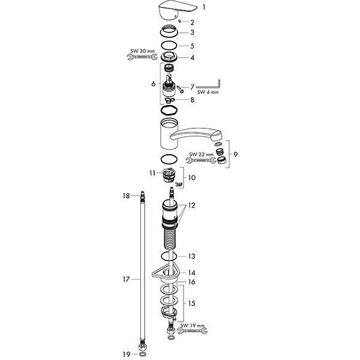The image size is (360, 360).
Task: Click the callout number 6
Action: (x=153, y=83)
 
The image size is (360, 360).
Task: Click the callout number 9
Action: (x=236, y=154)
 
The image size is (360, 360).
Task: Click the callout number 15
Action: (x=192, y=304)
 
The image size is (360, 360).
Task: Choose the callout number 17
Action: (x=127, y=279)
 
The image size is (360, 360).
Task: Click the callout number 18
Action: (x=127, y=196)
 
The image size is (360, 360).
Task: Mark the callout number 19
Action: (x=127, y=354)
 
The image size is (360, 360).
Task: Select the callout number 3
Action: (x=192, y=32)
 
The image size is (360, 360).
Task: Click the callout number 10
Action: (x=192, y=178)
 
